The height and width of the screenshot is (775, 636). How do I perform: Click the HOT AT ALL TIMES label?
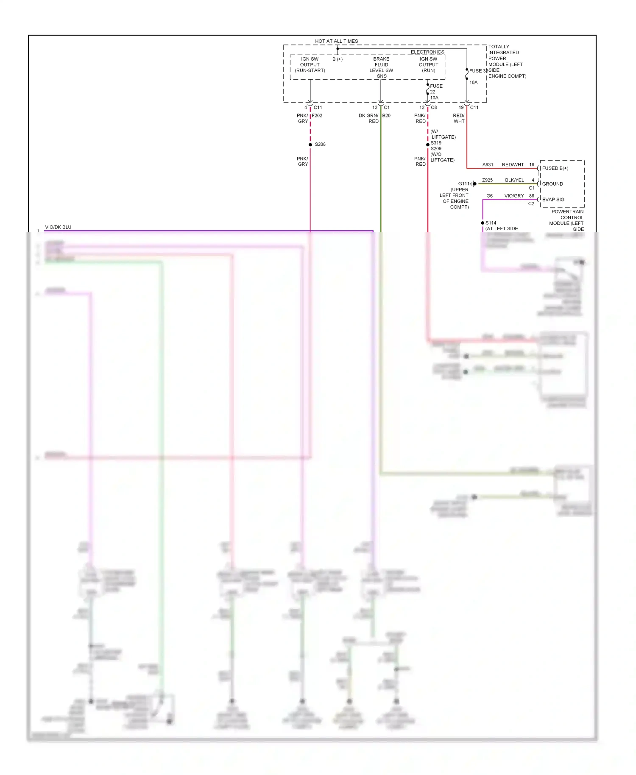(336, 41)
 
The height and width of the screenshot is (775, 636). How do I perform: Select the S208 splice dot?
(310, 145)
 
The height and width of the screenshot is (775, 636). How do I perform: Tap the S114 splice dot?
(483, 223)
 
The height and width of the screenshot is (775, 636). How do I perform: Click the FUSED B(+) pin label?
(555, 168)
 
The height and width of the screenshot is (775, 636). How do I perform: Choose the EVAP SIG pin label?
(553, 200)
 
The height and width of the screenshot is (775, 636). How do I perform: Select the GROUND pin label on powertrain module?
(552, 184)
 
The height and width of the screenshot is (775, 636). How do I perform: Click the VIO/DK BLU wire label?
(58, 227)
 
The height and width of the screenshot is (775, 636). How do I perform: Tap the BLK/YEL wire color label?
(514, 180)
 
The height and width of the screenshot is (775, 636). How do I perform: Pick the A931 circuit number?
(488, 164)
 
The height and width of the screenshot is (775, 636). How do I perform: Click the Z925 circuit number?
(487, 180)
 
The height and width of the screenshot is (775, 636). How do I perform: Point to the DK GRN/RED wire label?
(368, 118)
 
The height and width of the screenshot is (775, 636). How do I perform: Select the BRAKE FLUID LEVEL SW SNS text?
(381, 67)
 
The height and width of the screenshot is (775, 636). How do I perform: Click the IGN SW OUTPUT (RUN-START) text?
(310, 65)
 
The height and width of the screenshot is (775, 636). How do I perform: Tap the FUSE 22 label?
(435, 89)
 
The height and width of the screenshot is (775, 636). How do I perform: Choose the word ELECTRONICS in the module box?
(427, 52)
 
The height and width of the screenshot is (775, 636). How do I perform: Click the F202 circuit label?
(317, 115)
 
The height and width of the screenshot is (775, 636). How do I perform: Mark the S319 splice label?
(436, 143)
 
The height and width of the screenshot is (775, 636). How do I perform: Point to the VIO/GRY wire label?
(514, 196)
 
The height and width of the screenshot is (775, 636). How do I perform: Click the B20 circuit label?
(386, 115)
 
